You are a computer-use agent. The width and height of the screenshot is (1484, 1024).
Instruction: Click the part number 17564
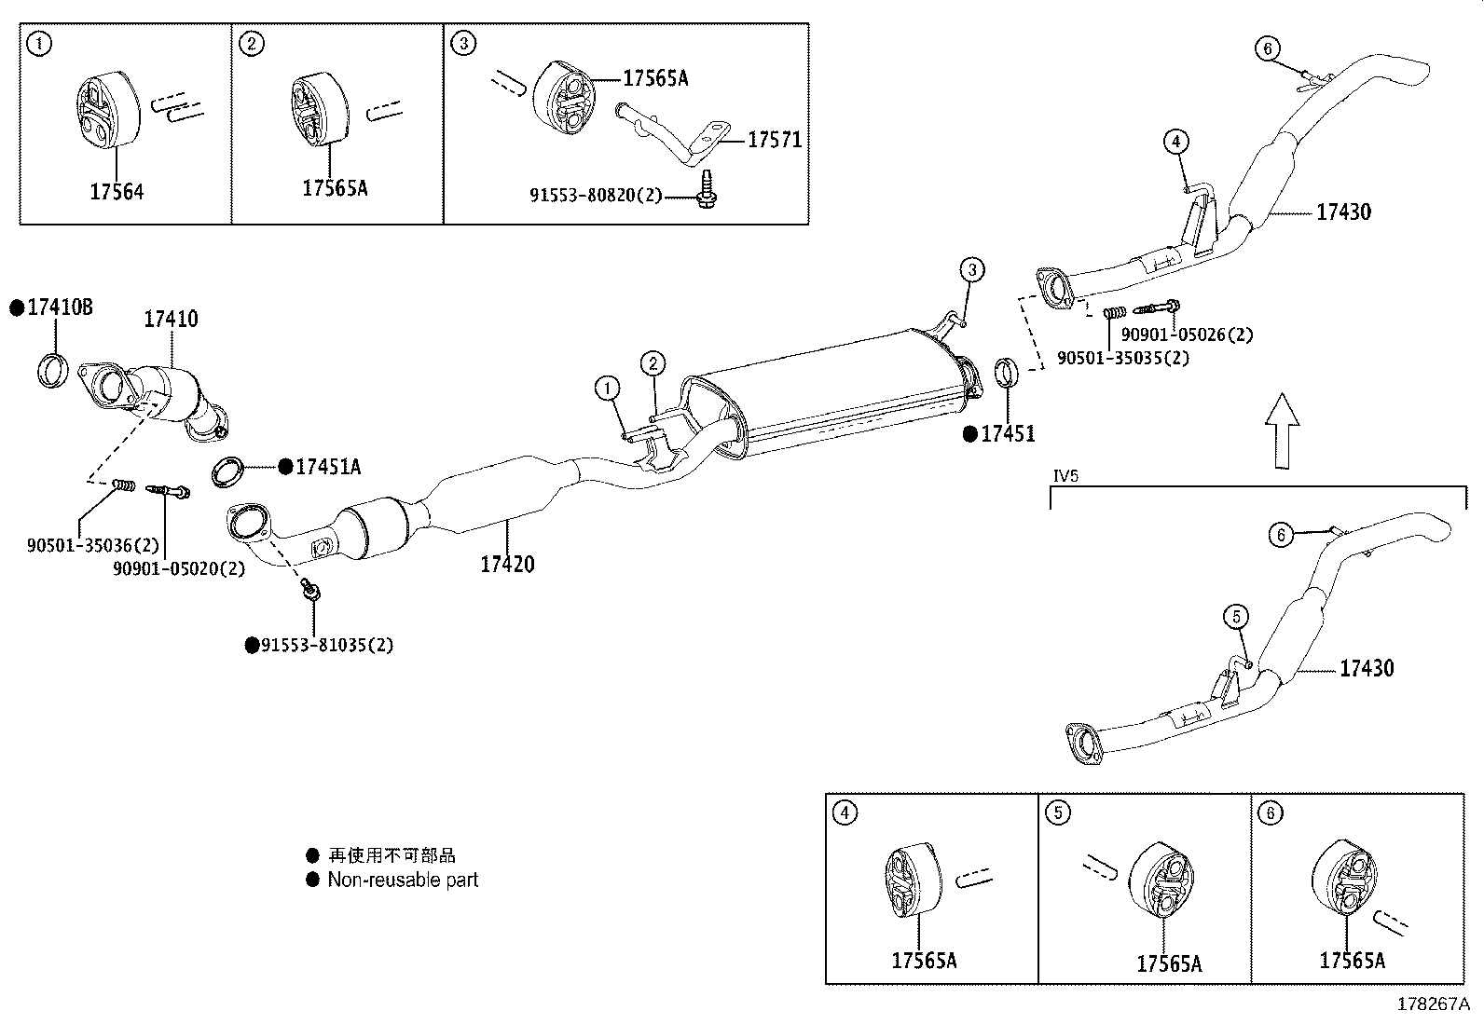point(117,192)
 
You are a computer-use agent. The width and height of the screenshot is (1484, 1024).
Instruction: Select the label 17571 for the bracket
point(775,141)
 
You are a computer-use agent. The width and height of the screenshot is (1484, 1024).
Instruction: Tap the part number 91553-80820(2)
point(596,196)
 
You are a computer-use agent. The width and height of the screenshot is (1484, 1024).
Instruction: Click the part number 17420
point(508,564)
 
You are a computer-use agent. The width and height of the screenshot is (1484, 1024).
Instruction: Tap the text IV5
point(1065,476)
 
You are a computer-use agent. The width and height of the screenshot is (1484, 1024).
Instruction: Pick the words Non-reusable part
point(403,880)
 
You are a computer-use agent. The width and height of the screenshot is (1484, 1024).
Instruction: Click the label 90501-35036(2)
point(93,545)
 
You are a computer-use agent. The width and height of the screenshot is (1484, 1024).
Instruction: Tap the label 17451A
point(327,467)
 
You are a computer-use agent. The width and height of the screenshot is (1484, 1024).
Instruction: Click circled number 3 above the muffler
point(971,270)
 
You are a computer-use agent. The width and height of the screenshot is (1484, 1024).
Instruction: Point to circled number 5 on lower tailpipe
point(1236,616)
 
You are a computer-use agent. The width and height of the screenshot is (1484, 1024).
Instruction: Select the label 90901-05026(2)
point(1187,335)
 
